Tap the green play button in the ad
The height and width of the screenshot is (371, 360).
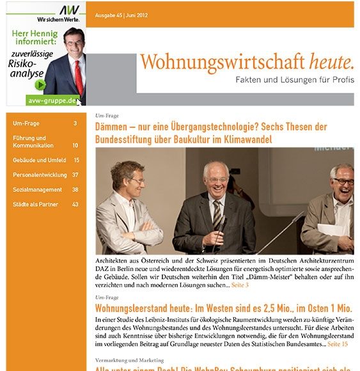pyautogui.click(x=40, y=85)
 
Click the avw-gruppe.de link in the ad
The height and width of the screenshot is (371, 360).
pyautogui.click(x=51, y=100)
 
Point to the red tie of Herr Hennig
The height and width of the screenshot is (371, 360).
pyautogui.click(x=79, y=75)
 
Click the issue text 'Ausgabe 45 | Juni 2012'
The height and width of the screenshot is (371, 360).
pyautogui.click(x=121, y=14)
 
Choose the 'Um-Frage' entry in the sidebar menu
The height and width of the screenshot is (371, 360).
pyautogui.click(x=26, y=123)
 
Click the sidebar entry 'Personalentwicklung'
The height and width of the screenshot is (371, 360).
pyautogui.click(x=40, y=175)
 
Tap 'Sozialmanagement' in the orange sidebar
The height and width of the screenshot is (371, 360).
pyautogui.click(x=37, y=189)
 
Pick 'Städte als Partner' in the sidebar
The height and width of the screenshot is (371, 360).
pyautogui.click(x=35, y=204)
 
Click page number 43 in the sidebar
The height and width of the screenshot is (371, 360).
pyautogui.click(x=75, y=204)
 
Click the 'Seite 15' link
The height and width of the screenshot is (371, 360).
pyautogui.click(x=338, y=343)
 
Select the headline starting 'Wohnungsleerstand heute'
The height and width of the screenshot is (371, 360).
pyautogui.click(x=223, y=308)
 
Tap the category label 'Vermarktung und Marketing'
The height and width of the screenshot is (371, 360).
pyautogui.click(x=130, y=360)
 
